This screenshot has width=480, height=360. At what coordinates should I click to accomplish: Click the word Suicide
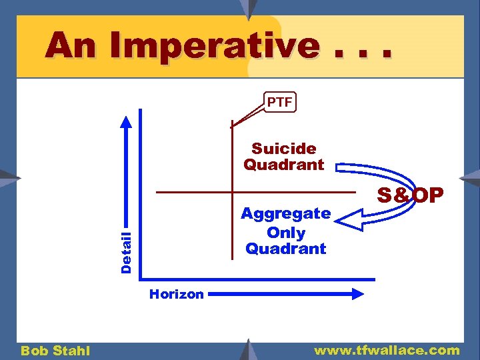coord(284,148)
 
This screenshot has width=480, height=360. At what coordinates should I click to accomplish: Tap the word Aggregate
coord(285,214)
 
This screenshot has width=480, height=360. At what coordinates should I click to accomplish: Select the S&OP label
coord(410,195)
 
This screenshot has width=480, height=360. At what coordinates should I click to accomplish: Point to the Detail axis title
coord(126,251)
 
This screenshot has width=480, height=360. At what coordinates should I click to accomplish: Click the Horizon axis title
coord(176,295)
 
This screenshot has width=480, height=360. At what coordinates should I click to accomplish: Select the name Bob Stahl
coord(55,351)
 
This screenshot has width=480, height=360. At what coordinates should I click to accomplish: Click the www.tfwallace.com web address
coord(387,350)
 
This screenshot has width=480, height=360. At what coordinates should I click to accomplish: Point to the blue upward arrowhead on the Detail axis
coord(127,123)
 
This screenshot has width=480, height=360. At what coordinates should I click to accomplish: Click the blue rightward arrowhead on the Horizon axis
coord(361,293)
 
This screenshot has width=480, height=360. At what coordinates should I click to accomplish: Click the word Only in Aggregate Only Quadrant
coord(286,233)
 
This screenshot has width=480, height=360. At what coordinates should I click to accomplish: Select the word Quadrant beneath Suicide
coord(284,165)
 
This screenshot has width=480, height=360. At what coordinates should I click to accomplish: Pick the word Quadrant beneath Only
coord(286,249)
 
